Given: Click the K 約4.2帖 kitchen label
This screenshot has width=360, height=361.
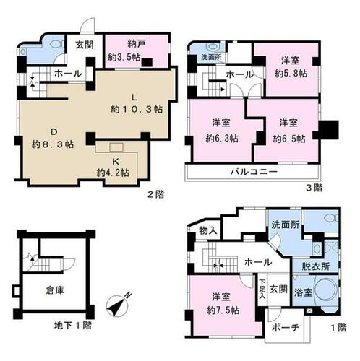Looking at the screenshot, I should [114, 167].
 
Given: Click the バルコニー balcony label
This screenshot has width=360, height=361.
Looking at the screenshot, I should [253, 173].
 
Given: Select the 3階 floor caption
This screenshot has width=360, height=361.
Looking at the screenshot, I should [316, 187].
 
